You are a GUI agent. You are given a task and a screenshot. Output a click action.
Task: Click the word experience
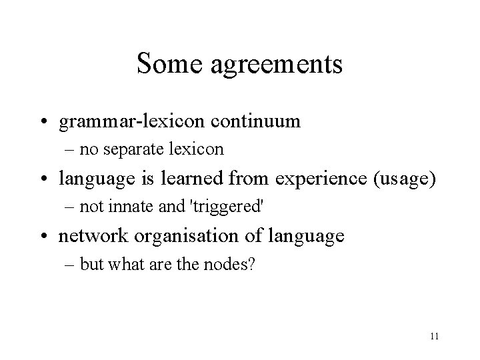click(319, 179)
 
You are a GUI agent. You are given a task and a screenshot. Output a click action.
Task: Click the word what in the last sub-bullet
click(122, 263)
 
